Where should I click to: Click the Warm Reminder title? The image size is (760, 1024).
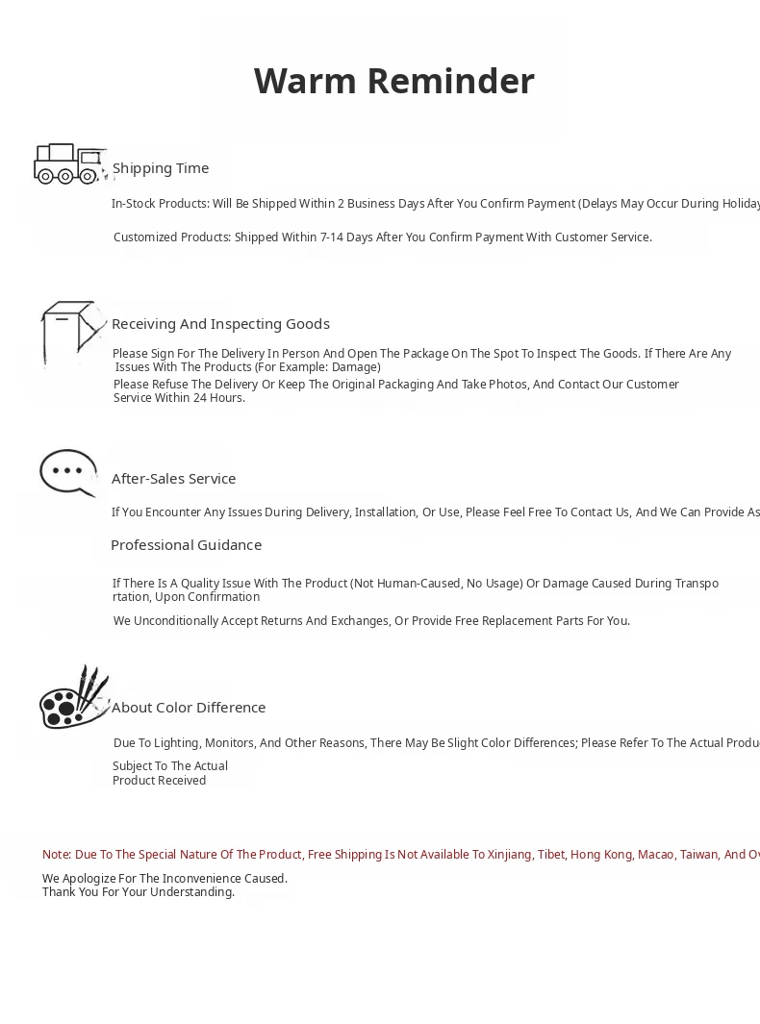coord(393,82)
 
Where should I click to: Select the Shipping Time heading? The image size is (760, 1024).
coord(161,168)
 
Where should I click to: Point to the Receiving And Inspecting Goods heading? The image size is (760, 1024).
coord(220,324)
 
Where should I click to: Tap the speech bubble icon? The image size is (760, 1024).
coord(68,472)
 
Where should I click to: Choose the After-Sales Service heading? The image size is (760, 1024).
coord(173,479)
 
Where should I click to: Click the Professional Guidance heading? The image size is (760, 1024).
coord(186,545)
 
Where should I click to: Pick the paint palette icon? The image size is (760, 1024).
coord(73,698)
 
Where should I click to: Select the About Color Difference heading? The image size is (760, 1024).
coord(189,708)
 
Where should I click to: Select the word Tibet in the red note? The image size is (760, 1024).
coord(551,855)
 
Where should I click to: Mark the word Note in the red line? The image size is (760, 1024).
coord(56,855)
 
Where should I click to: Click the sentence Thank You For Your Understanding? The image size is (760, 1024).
coord(139,892)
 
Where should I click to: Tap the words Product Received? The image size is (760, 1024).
coord(159,781)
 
